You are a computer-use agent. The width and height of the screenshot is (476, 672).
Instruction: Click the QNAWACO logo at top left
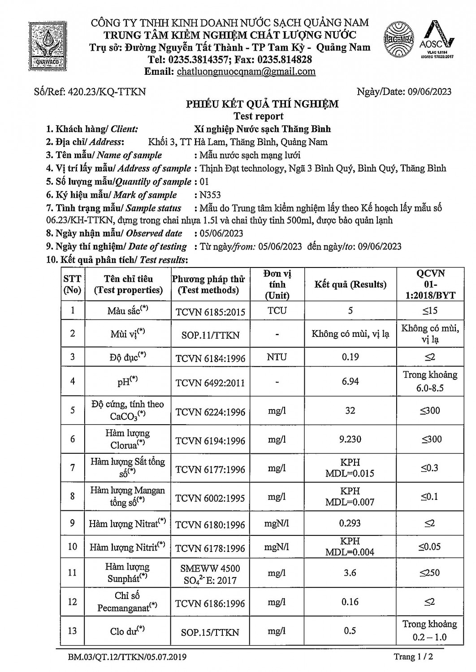point(46,45)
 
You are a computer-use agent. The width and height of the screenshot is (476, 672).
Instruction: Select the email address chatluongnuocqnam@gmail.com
point(246,72)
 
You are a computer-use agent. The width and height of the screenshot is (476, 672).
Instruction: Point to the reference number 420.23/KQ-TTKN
point(107,92)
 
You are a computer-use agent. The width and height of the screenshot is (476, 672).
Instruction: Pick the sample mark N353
point(210,195)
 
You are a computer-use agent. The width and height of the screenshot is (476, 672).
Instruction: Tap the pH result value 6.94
point(350,381)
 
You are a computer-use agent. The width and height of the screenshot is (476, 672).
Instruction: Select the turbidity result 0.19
point(350,357)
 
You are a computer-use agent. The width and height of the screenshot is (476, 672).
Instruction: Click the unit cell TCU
point(277,310)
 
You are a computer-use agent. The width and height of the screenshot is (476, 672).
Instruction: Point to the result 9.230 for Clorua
point(350,439)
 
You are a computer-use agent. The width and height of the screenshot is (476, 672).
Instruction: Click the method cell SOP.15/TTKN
point(210,632)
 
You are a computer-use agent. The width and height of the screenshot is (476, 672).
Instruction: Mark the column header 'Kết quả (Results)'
point(350,284)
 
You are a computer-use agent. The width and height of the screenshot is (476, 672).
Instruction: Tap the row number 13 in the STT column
point(73,631)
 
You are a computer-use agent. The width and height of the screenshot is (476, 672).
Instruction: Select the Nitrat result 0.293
point(350,523)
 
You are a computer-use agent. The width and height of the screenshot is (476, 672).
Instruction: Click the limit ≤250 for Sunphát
point(430,573)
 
